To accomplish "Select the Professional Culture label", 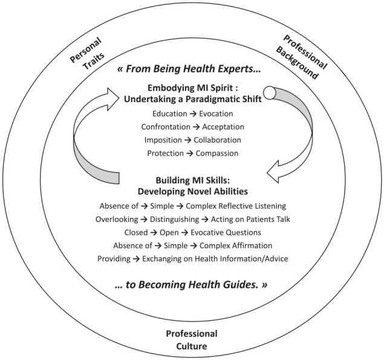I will tap(192, 340).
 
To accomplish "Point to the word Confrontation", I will tap(167, 126).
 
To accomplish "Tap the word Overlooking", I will tap(120, 220).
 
